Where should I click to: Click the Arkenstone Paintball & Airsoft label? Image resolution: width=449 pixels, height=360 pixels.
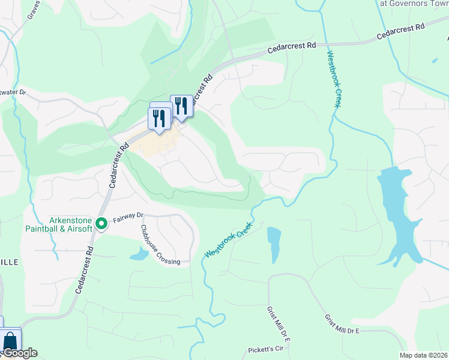point(59,224)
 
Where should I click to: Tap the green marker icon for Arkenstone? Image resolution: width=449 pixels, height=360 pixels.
point(102,224)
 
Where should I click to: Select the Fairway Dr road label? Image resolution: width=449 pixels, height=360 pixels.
point(128,215)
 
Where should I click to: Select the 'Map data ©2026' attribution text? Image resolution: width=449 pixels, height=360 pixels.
point(424,355)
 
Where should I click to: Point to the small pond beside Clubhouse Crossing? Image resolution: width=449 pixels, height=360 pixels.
point(139,254)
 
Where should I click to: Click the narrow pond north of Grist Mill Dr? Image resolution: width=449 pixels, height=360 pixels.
point(274,243)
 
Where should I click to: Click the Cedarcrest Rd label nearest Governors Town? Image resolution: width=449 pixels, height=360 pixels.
point(401,32)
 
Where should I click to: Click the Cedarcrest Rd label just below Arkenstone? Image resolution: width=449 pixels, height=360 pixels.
point(85,269)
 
